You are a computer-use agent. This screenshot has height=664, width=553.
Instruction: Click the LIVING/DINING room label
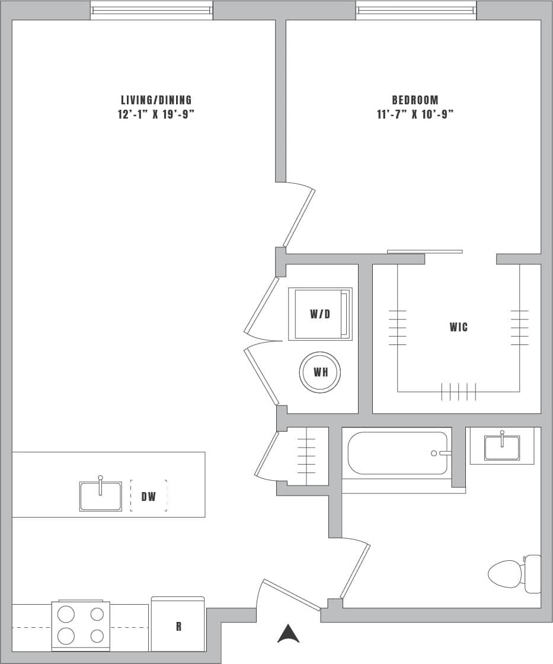pyautogui.click(x=156, y=100)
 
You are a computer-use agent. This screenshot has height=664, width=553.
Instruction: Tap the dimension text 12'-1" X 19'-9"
pyautogui.click(x=156, y=114)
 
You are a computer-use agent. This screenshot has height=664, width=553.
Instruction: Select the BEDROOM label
pyautogui.click(x=415, y=100)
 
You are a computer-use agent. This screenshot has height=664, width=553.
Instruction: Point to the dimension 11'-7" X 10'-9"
pyautogui.click(x=415, y=114)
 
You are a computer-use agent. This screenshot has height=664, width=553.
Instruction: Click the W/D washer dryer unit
pyautogui.click(x=320, y=314)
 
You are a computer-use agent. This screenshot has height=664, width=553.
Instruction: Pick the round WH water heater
pyautogui.click(x=320, y=372)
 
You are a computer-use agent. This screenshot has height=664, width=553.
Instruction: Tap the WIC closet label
pyautogui.click(x=459, y=327)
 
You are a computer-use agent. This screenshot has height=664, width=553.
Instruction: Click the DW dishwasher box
pyautogui.click(x=148, y=496)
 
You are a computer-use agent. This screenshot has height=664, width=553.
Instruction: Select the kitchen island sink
pyautogui.click(x=101, y=496)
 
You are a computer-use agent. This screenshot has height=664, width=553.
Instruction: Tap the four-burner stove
pyautogui.click(x=81, y=625)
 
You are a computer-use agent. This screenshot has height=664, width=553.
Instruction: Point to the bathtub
pyautogui.click(x=398, y=454)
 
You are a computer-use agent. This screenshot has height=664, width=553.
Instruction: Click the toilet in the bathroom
pyautogui.click(x=513, y=573)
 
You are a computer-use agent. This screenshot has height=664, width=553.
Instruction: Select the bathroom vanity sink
pyautogui.click(x=502, y=447)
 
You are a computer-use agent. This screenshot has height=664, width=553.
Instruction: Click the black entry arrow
pyautogui.click(x=289, y=634)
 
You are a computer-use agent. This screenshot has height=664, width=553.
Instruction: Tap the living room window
pyautogui.click(x=152, y=10)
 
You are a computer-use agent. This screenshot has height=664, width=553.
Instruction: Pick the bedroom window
pyautogui.click(x=417, y=10)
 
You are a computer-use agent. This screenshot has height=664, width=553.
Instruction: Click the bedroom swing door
pyautogui.click(x=299, y=218)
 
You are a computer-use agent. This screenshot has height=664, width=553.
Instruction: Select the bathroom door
pyautogui.click(x=355, y=571)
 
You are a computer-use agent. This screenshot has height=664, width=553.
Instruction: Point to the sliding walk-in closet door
pyautogui.click(x=424, y=251)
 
